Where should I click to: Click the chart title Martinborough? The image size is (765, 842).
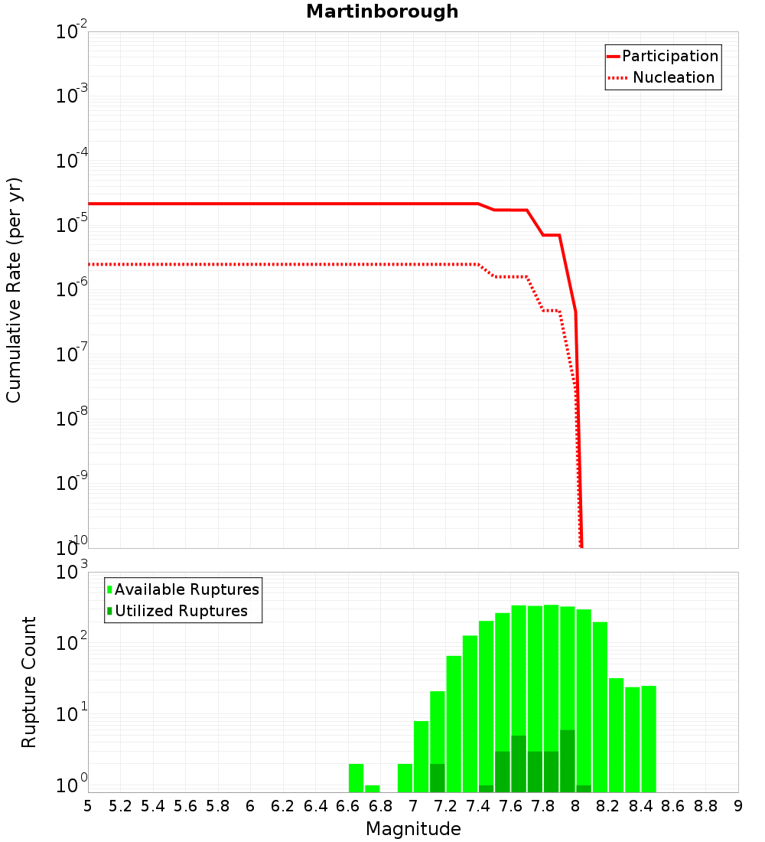382,12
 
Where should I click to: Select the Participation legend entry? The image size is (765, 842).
670,57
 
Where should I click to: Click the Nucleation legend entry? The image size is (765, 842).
673,78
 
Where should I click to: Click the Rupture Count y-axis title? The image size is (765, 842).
29,682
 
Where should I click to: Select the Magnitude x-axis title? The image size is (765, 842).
413,829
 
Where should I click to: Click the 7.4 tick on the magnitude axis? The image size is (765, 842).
477,806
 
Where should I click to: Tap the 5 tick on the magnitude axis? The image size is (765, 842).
88,806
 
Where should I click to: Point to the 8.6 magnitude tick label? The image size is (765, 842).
673,806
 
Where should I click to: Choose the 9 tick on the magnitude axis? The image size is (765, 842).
738,806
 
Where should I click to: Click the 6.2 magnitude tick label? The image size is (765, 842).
282,806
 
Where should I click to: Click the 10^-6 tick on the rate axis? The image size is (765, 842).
72,290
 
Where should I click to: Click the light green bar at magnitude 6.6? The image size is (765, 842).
356,778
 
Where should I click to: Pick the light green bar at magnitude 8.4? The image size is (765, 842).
649,739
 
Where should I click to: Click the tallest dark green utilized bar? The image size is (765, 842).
567,761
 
